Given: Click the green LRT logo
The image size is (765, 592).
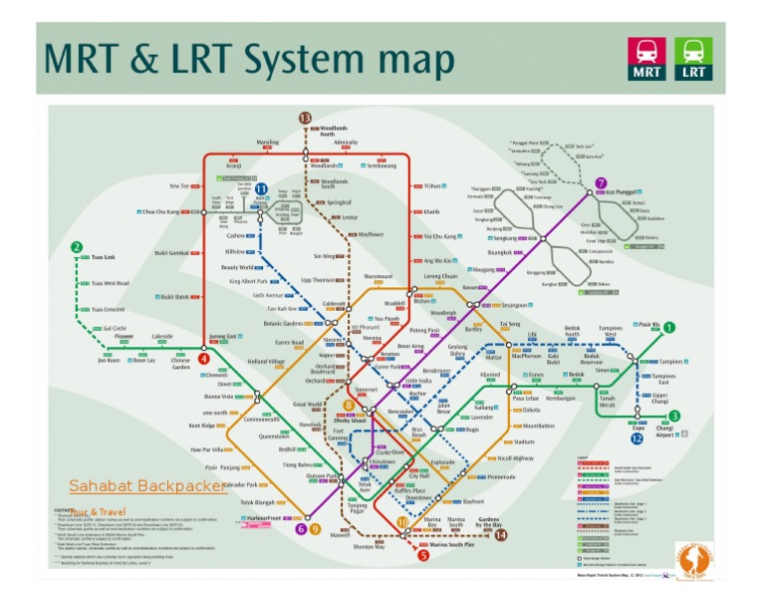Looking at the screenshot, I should pos(693,59).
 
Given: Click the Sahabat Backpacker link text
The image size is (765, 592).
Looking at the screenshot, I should pos(147,485).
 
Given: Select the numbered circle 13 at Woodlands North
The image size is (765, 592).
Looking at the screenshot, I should pos(305,119).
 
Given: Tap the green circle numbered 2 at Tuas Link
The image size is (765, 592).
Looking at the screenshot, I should pos(77,247).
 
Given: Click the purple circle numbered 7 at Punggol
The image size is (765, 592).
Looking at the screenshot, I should pos(601,183).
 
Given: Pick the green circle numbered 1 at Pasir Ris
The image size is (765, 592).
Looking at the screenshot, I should pos(669,327).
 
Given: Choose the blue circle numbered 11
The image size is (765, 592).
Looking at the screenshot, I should pos(261,188).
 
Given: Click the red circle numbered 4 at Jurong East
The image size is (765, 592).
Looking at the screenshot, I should pos(203,359).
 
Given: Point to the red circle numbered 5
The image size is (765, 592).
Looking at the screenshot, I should pos(423,555).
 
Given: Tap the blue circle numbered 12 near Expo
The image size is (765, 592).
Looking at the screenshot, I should pos(637,438).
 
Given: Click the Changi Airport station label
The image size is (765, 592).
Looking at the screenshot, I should pos(664,431).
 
